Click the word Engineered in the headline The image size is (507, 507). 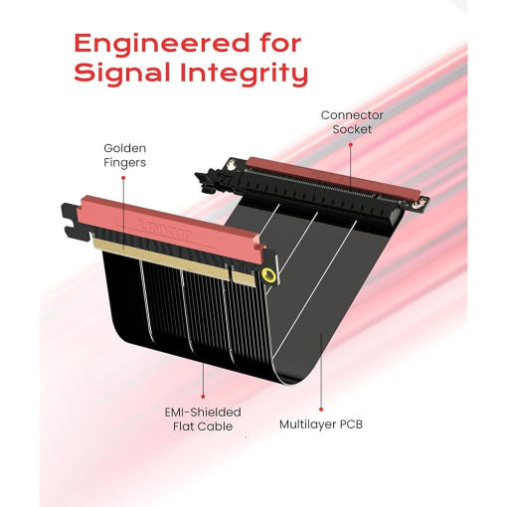click(x=161, y=43)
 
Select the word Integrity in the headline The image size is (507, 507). click(x=245, y=73)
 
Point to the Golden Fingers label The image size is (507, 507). click(x=124, y=155)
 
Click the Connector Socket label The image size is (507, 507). click(x=352, y=122)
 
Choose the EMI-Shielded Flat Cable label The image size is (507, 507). click(x=203, y=420)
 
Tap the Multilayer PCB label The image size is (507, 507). click(x=321, y=424)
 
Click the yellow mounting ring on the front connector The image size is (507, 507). click(x=268, y=275)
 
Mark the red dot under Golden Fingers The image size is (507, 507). click(x=123, y=178)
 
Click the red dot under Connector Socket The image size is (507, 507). click(x=351, y=144)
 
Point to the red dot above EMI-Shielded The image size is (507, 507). click(x=203, y=397)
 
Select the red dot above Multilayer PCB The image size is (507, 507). click(x=321, y=410)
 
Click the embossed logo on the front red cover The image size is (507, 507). click(x=166, y=229)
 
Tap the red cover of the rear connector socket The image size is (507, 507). click(x=333, y=178)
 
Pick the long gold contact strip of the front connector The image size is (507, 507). click(x=161, y=257)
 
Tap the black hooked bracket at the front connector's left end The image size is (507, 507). click(x=70, y=219)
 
